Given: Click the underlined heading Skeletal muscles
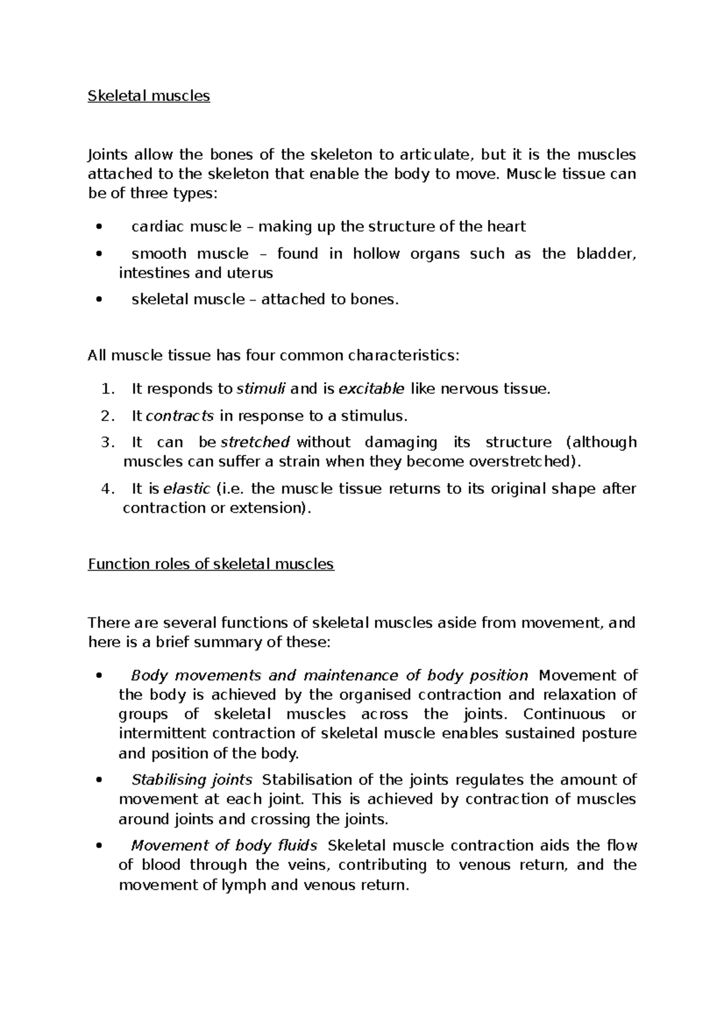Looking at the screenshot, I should [148, 96].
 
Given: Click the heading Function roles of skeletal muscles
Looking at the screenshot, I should [211, 564].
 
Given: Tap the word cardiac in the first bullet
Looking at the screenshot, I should [158, 227].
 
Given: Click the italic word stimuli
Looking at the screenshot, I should [261, 389].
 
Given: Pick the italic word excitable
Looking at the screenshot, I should [372, 389].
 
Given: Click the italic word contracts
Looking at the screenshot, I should [180, 416].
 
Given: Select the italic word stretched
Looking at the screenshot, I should [256, 442].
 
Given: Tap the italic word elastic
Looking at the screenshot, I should [187, 488].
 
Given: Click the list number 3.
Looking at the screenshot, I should [107, 442].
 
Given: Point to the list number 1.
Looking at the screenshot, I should [107, 389].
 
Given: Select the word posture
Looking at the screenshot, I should [609, 733].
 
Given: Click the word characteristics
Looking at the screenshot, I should [402, 356].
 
